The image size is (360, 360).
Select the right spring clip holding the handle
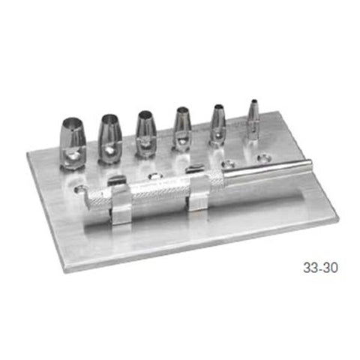pos(199,196)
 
